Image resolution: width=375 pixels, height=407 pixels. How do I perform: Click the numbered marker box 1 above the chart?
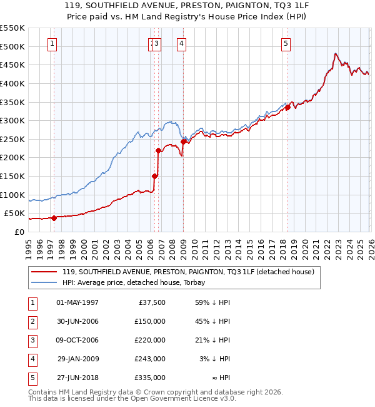52,44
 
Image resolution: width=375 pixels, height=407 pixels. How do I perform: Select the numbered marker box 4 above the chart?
181,44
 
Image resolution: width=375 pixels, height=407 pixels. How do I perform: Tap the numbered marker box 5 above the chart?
286,44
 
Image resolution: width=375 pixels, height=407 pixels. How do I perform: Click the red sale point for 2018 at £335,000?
287,108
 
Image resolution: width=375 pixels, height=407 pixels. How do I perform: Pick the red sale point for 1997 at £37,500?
54,218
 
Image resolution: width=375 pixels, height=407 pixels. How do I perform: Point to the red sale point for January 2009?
183,142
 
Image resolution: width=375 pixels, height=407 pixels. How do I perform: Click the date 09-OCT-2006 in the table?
77,340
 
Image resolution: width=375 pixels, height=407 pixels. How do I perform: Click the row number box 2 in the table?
32,321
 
